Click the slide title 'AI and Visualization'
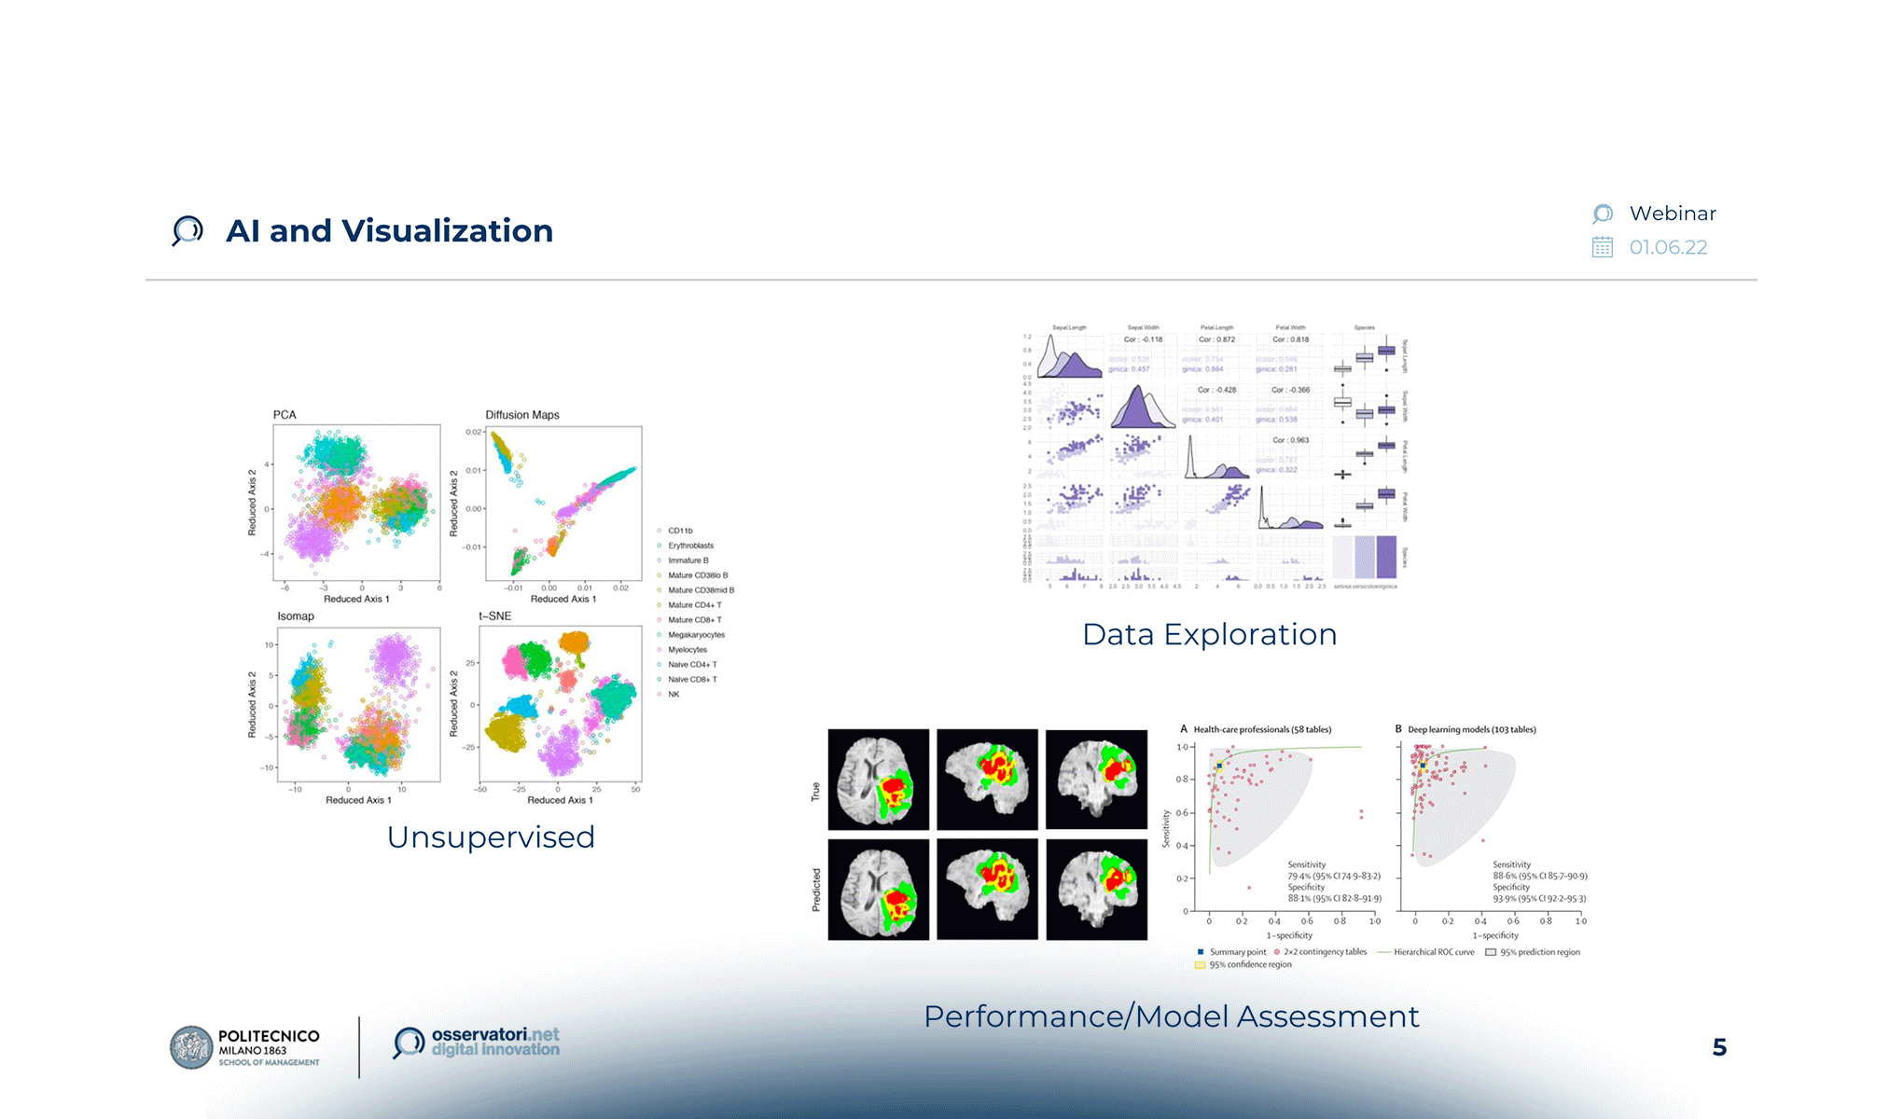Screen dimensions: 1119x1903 point(389,231)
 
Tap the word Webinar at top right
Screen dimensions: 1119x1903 point(1672,214)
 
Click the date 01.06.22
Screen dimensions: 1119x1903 point(1668,247)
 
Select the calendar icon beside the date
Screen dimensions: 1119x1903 point(1602,247)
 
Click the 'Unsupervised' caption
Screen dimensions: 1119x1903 point(491,836)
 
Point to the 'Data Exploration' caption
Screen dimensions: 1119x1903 point(1209,634)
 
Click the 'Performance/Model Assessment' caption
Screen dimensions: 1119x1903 point(1171,1015)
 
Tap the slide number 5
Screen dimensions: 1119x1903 point(1719,1047)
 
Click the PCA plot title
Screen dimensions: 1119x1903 point(285,415)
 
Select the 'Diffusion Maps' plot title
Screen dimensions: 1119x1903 point(522,415)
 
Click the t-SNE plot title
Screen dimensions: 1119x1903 point(495,616)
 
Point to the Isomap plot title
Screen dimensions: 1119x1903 point(296,616)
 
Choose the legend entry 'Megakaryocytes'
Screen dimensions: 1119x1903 point(696,635)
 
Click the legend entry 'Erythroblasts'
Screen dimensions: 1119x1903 point(690,546)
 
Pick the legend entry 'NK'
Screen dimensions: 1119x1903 point(674,695)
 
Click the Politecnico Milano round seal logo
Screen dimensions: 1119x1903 point(191,1047)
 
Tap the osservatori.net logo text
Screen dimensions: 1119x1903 point(495,1042)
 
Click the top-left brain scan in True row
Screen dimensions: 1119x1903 point(878,780)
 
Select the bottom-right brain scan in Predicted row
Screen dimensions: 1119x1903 point(1096,890)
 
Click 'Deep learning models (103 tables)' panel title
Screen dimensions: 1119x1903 point(1471,729)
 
